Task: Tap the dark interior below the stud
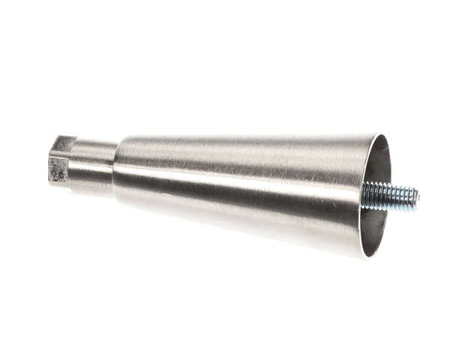coord(375,229)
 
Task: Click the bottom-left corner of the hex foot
coord(51,180)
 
